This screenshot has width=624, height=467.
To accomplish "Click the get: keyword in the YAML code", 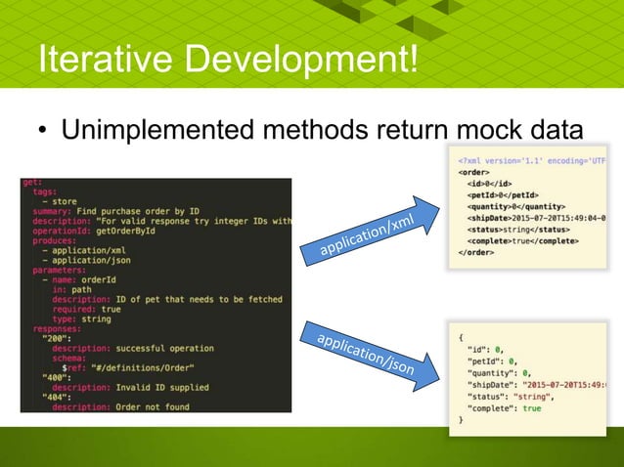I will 32,184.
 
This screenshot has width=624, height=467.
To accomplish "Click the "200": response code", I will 56,338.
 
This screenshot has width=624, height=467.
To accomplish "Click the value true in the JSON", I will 531,407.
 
